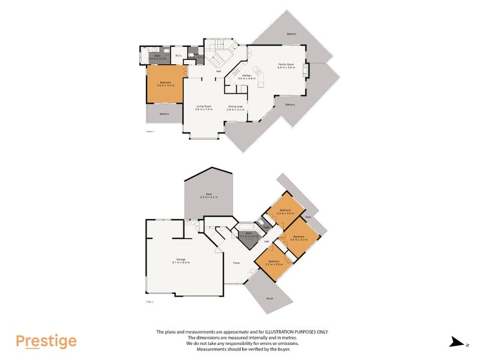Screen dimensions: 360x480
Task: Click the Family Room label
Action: (286, 66)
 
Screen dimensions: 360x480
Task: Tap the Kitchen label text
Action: (247, 77)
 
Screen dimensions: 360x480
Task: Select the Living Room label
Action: (203, 108)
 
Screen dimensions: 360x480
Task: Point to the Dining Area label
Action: (235, 108)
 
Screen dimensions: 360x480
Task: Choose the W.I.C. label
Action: (179, 56)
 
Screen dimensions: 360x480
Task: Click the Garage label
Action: (181, 261)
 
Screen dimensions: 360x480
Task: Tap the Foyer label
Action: (236, 262)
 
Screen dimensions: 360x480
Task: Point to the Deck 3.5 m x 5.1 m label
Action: (208, 196)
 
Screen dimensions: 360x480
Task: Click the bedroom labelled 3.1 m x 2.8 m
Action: (286, 212)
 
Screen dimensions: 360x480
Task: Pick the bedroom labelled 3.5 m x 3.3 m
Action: (299, 238)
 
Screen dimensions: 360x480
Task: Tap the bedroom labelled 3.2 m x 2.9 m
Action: (274, 263)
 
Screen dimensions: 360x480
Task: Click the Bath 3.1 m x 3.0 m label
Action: (248, 236)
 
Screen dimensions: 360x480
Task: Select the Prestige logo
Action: (46, 341)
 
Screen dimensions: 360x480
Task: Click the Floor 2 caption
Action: (150, 130)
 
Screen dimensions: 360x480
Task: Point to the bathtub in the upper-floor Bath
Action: (145, 56)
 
